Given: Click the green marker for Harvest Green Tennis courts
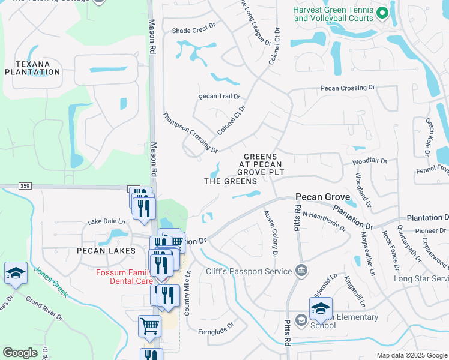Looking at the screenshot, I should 381,12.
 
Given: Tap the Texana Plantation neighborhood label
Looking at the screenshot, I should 32,68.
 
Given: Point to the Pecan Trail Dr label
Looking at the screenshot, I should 219,97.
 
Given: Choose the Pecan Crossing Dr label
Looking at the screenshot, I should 347,88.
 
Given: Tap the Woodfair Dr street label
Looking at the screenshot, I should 370,161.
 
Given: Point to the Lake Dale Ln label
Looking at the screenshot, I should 106,221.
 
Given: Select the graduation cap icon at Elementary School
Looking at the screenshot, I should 321,308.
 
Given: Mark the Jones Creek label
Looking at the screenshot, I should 51,283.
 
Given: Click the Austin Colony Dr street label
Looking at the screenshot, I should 270,233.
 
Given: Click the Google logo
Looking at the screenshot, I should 20,352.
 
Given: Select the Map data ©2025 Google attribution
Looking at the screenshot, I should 411,355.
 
